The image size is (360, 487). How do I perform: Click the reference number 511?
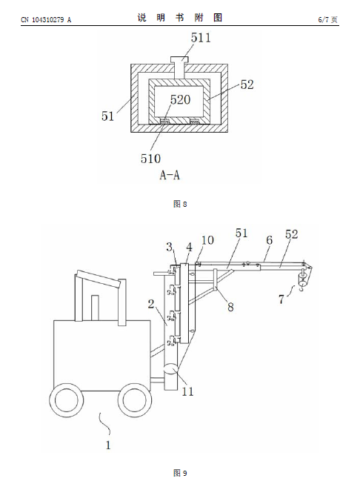click(201, 38)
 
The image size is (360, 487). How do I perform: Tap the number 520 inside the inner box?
click(180, 100)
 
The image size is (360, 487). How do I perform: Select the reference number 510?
click(150, 159)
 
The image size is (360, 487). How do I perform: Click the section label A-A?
click(170, 175)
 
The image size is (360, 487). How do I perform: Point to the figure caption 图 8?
click(180, 204)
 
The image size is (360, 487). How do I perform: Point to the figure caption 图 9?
click(180, 474)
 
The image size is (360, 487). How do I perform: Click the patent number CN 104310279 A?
click(46, 20)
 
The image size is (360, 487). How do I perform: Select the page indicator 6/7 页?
click(327, 20)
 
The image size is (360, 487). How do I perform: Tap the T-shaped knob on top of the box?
click(179, 67)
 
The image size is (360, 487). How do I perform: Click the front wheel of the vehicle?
click(135, 400)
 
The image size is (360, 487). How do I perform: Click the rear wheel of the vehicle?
click(67, 400)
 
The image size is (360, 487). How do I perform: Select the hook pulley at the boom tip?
click(303, 279)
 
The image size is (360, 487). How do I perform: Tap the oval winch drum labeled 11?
click(171, 370)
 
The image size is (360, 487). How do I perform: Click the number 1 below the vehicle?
click(108, 445)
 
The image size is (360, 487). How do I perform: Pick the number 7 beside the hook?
click(281, 299)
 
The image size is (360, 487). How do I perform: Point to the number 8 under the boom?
click(230, 307)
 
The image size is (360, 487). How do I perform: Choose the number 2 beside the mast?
click(151, 304)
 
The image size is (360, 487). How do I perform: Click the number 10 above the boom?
click(207, 240)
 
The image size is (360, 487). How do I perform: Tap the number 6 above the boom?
click(269, 240)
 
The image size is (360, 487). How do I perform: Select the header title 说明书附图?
click(180, 18)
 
